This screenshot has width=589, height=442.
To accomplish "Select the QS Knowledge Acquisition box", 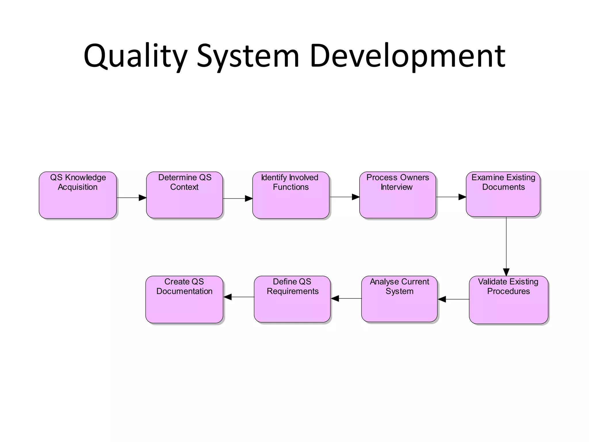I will pyautogui.click(x=78, y=195).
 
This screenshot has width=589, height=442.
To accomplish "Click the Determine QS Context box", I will pyautogui.click(x=184, y=195).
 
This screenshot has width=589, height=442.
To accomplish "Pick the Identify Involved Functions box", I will pyautogui.click(x=291, y=195).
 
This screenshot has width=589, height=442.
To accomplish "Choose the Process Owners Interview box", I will pyautogui.click(x=397, y=195).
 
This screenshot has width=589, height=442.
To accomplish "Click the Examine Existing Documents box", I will pyautogui.click(x=503, y=194).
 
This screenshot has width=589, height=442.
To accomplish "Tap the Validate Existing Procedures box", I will pyautogui.click(x=508, y=300).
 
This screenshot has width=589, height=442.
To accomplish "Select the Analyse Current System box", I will pyautogui.click(x=399, y=299).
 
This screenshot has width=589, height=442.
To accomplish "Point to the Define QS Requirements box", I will pyautogui.click(x=292, y=299).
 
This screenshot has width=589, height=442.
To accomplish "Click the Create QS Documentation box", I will pyautogui.click(x=184, y=300).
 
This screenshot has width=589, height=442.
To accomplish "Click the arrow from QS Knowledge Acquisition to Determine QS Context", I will pyautogui.click(x=131, y=198).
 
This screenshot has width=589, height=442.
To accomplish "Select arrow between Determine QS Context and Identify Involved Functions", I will pyautogui.click(x=238, y=198).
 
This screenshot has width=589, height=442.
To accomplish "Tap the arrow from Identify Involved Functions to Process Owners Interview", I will pyautogui.click(x=344, y=197).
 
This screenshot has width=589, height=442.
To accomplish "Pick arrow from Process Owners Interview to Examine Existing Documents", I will pyautogui.click(x=451, y=197).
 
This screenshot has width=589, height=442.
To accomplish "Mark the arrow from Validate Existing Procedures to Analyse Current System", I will pyautogui.click(x=454, y=299).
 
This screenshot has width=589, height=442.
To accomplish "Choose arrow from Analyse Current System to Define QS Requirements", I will pyautogui.click(x=346, y=298).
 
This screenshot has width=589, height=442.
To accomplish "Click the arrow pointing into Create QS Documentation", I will pyautogui.click(x=239, y=297).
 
